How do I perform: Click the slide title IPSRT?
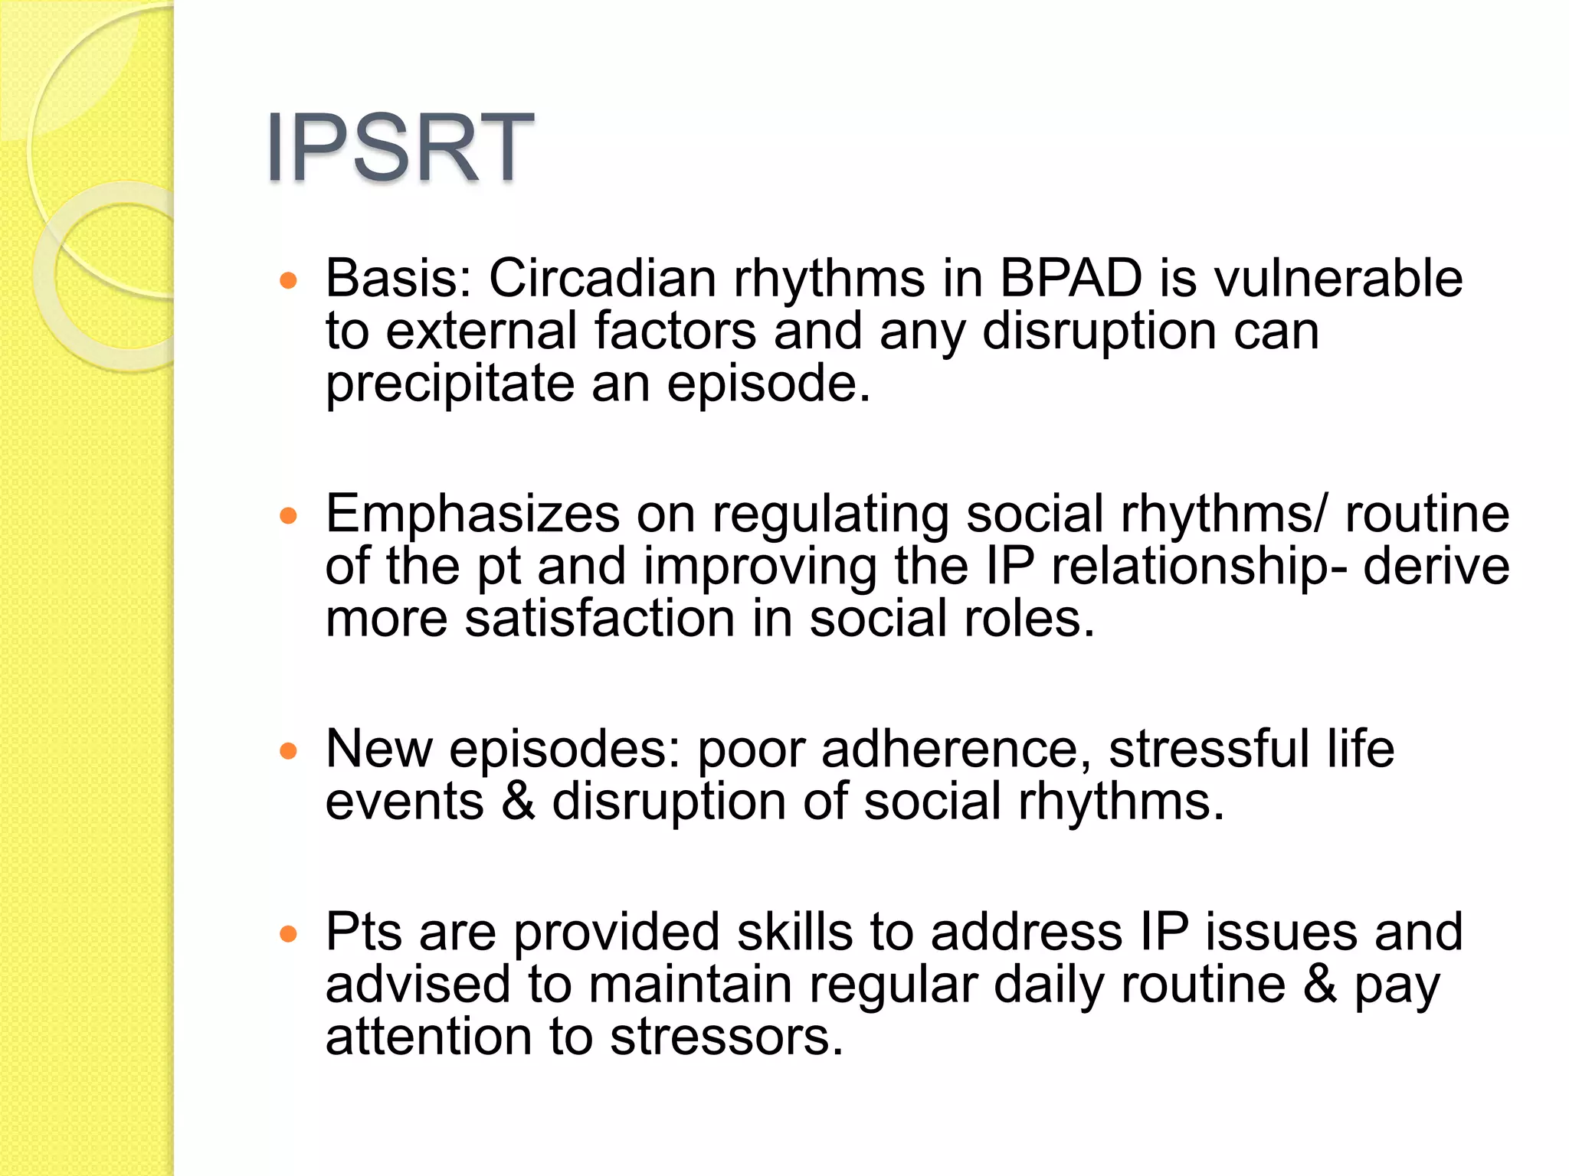[399, 147]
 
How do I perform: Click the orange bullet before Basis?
[288, 280]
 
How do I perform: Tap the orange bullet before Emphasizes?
[288, 516]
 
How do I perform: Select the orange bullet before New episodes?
[288, 751]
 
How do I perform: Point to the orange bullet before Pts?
[288, 934]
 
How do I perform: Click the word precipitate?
[450, 384]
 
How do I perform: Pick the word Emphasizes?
[472, 514]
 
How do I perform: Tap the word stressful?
[1209, 749]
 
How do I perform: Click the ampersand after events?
[519, 802]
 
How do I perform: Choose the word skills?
[794, 933]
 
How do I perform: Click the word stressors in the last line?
[726, 1037]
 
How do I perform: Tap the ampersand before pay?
[1320, 985]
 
